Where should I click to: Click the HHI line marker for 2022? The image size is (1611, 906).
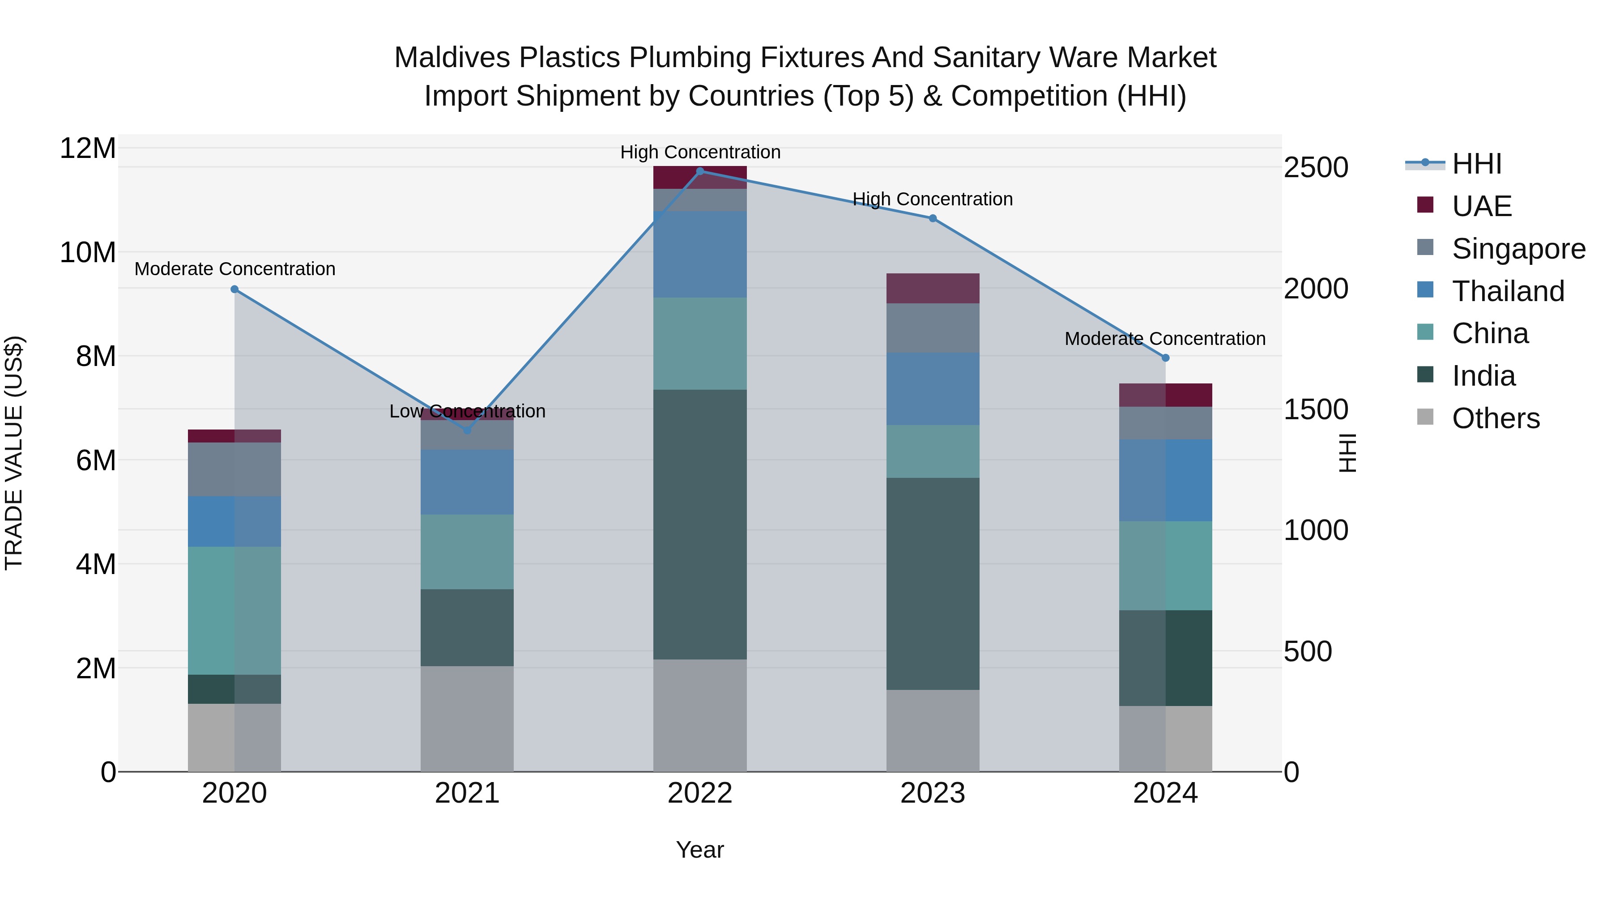tap(700, 171)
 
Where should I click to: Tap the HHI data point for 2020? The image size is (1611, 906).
tap(234, 289)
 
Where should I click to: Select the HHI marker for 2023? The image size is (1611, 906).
tap(933, 218)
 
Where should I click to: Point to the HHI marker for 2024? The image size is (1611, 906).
tap(1166, 357)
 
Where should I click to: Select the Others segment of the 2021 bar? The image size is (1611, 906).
tap(467, 719)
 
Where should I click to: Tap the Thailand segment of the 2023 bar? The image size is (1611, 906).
tap(933, 389)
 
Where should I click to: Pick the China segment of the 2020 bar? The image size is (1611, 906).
tap(234, 610)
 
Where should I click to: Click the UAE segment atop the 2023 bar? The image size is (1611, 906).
tap(933, 288)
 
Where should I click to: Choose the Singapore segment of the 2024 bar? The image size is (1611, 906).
tap(1166, 423)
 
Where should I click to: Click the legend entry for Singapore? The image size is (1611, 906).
tap(1518, 249)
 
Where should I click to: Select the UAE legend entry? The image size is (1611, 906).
tap(1482, 206)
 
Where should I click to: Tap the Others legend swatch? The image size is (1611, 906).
tap(1425, 417)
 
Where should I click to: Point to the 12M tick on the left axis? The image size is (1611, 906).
tap(88, 149)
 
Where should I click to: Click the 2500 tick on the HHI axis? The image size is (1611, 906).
tap(1316, 168)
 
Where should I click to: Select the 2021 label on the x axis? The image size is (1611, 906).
tap(467, 793)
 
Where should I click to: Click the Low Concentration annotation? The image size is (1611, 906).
tap(467, 412)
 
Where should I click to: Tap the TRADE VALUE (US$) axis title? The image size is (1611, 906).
tap(14, 453)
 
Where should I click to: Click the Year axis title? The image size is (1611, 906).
tap(700, 850)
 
